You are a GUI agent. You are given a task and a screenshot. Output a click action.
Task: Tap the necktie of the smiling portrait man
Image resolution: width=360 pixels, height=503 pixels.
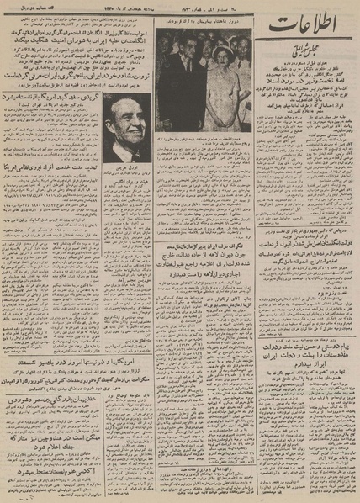click(137, 156)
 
